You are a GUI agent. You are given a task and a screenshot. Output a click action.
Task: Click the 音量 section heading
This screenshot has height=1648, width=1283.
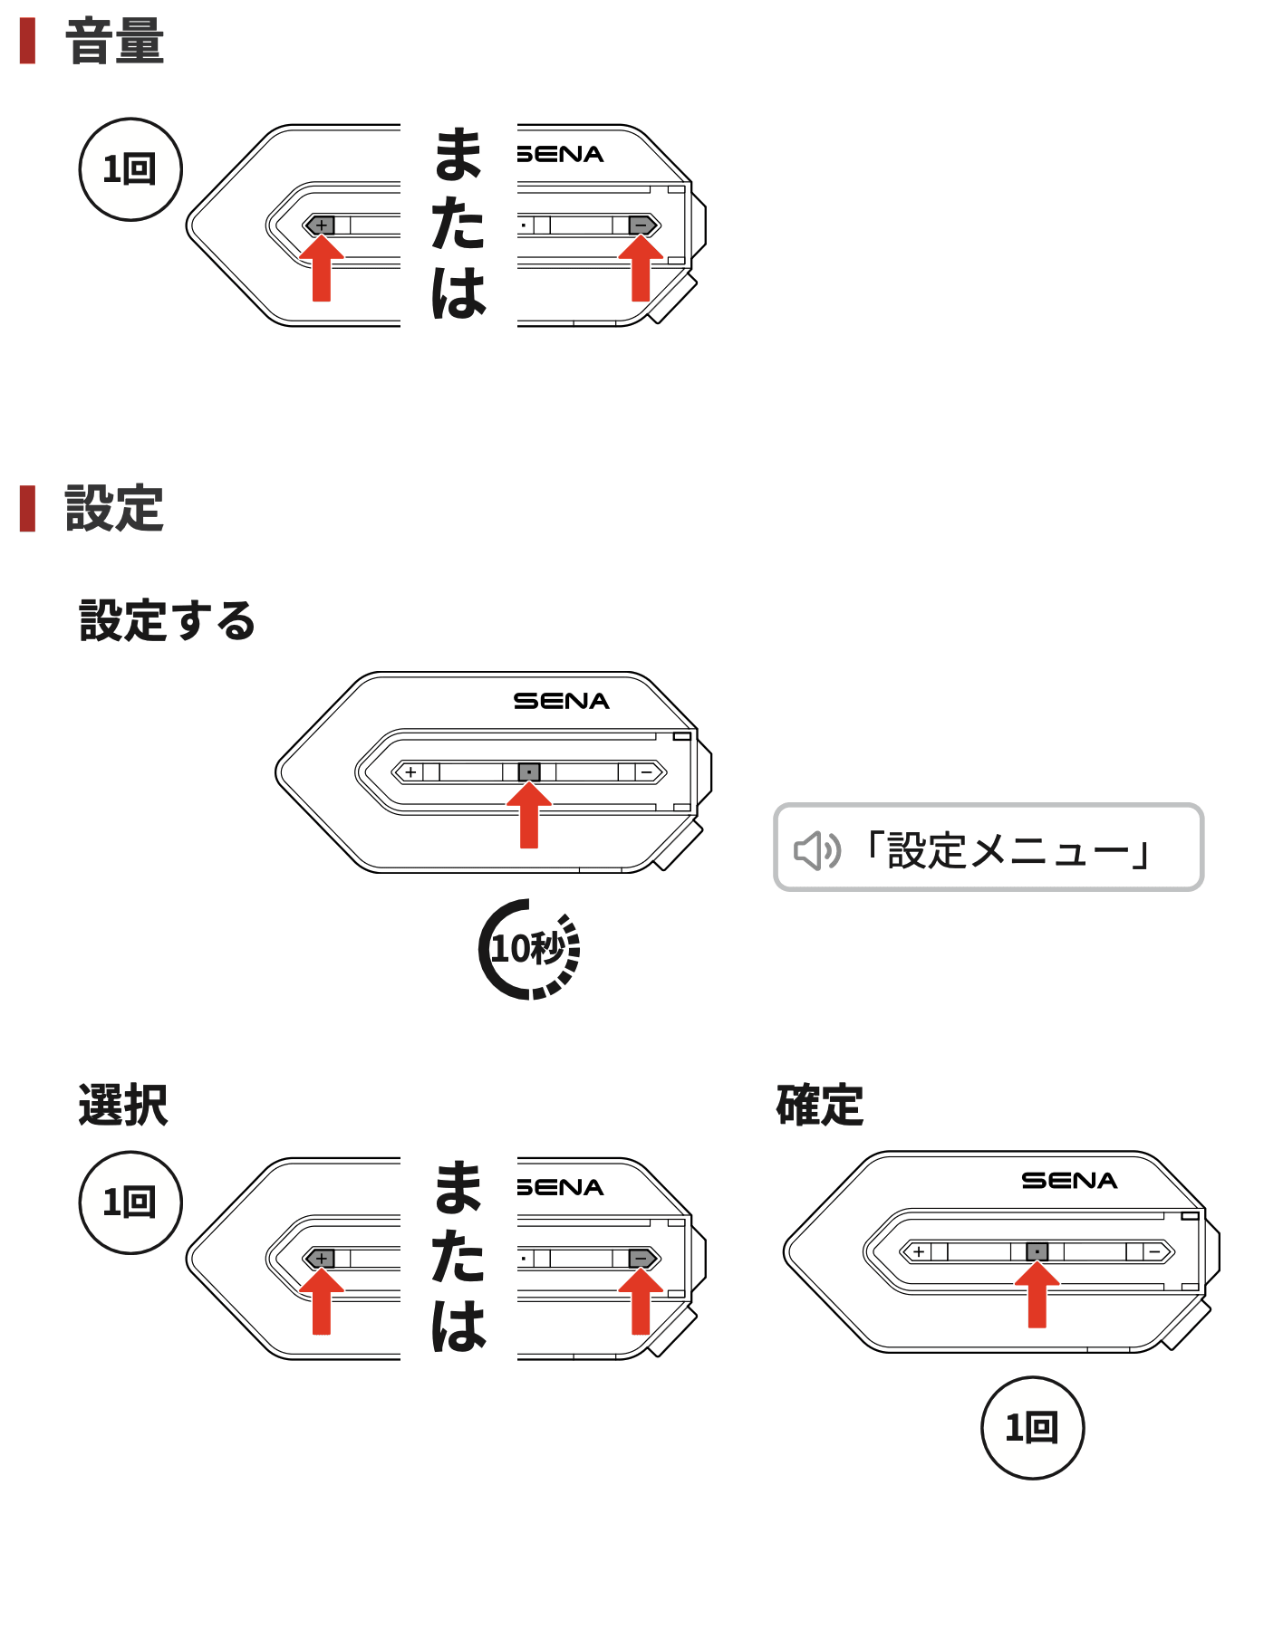point(114,43)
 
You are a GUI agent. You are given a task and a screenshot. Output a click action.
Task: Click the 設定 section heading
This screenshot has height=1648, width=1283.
point(114,508)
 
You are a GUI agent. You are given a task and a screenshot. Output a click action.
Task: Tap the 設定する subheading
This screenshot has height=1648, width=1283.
point(168,621)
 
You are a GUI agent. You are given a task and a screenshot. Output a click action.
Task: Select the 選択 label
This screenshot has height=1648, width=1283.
point(123,1105)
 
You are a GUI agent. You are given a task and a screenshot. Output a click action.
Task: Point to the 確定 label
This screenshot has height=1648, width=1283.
point(820,1105)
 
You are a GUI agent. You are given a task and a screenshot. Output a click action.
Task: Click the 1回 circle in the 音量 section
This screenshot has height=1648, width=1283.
point(130,169)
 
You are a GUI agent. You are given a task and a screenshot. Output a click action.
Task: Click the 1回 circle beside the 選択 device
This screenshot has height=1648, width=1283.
point(130,1202)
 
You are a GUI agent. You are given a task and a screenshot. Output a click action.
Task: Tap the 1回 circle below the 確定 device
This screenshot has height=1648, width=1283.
point(1032,1428)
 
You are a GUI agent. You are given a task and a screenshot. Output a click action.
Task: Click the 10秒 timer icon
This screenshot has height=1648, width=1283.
point(530,949)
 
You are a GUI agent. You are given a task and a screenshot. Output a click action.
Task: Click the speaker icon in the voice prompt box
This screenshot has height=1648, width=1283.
point(816,850)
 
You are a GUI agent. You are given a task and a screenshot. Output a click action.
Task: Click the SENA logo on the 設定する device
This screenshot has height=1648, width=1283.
point(561,701)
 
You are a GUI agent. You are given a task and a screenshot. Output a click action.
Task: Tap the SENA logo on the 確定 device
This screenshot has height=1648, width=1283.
point(1069,1181)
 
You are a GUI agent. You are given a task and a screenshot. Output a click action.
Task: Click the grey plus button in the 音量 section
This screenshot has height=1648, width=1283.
point(321,225)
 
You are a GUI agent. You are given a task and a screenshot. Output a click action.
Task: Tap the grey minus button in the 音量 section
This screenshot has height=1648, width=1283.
point(641,225)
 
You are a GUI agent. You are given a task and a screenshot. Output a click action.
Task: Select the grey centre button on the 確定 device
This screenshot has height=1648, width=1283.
point(1037,1251)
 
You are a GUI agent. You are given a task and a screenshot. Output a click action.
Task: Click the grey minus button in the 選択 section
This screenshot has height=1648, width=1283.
point(641,1258)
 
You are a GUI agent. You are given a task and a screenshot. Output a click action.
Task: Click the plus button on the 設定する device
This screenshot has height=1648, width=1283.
point(411,772)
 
